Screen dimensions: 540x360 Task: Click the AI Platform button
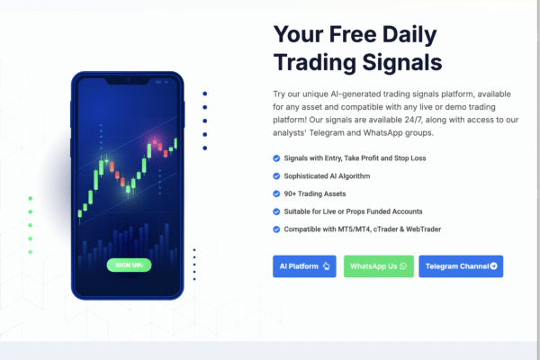304,266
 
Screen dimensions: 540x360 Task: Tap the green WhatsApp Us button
379,266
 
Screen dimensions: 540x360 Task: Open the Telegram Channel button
461,266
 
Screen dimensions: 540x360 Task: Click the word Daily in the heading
409,35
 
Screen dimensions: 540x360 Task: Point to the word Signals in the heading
402,62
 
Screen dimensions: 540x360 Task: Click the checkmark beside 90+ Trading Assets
276,193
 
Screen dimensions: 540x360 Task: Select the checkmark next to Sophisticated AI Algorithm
276,176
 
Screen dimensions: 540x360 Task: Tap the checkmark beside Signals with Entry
276,158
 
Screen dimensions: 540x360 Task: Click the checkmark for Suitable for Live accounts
276,211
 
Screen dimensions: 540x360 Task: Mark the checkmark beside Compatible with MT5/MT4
276,229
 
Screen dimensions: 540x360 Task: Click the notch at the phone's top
128,81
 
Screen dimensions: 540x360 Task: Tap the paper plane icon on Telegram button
493,266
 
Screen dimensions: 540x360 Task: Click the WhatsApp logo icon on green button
403,266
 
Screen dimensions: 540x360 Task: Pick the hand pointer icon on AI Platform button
326,266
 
